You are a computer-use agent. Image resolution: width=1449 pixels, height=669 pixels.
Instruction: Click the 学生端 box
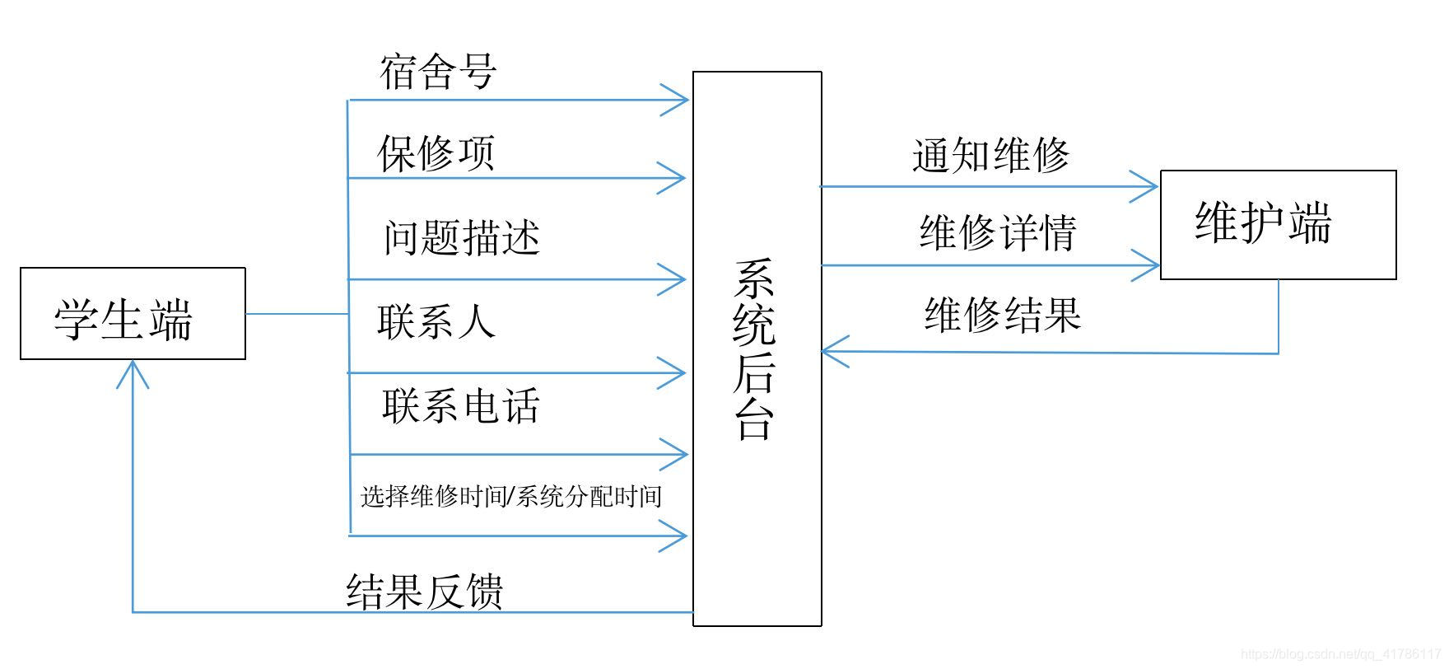coord(133,314)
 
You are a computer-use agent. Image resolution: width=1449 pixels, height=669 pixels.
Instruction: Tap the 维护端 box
coord(1277,225)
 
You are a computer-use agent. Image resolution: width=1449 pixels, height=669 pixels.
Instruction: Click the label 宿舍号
coord(438,73)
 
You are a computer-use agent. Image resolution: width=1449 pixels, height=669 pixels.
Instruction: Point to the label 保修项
coord(436,153)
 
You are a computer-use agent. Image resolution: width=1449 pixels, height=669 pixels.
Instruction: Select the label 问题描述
coord(461,238)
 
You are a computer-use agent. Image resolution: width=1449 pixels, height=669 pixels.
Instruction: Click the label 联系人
coord(436,321)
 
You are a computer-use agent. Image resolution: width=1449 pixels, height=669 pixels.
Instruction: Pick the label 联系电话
coord(461,406)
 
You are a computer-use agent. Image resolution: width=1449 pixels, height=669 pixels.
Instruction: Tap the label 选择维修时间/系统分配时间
coord(511,496)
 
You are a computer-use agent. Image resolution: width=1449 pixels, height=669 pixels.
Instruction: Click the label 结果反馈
coord(425,592)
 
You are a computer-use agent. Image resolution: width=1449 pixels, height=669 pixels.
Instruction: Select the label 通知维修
coord(991,156)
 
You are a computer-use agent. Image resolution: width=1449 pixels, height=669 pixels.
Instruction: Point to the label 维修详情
coord(998,232)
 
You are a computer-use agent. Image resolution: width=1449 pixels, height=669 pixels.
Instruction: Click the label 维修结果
coord(1002,315)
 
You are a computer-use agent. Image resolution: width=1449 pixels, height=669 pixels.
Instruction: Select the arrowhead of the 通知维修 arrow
coord(1148,186)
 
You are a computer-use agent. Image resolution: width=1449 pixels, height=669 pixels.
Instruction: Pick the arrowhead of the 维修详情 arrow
coord(1149,265)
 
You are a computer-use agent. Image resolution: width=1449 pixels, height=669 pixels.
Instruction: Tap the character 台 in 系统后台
coord(755,422)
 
